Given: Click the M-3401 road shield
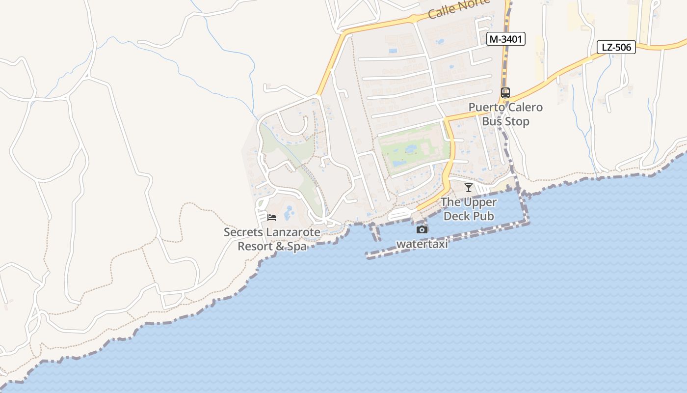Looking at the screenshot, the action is [x=506, y=39].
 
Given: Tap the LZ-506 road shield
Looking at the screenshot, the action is [x=616, y=47].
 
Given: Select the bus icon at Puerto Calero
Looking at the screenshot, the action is [x=505, y=92].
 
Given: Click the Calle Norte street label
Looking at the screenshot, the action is [x=459, y=9].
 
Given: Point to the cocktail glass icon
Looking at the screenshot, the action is [x=469, y=187].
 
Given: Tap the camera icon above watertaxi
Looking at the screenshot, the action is [x=422, y=229].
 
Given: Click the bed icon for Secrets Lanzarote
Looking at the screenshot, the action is [x=272, y=217].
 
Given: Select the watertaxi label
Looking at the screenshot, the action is [x=422, y=244].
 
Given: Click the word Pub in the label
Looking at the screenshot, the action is [x=482, y=216].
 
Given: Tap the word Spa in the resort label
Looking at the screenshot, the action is [x=296, y=246].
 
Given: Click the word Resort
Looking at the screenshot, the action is [x=255, y=246].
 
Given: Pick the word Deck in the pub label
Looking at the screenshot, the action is [x=456, y=216].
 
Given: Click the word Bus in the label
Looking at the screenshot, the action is [x=492, y=121].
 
